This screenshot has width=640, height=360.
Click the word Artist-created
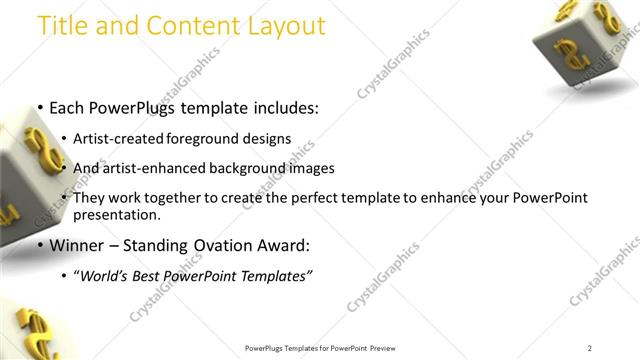tap(113, 138)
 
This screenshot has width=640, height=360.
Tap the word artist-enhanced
tap(152, 168)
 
